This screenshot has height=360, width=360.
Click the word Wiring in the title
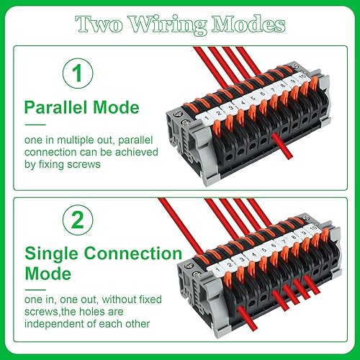168,25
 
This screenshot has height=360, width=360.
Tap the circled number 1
78,73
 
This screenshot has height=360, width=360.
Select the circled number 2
78,220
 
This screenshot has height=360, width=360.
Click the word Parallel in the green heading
55,107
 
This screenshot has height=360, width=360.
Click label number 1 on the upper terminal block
206,118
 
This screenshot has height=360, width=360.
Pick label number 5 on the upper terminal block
253,98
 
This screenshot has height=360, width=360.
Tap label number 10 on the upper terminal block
303,77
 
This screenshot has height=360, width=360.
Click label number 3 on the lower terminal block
242,259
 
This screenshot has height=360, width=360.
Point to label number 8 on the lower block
293,238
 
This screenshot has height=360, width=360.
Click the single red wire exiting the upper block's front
282,146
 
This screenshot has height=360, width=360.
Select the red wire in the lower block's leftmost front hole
247,318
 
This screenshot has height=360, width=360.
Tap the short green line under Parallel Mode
35,125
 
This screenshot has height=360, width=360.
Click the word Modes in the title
248,24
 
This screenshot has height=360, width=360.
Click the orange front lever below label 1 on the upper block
217,128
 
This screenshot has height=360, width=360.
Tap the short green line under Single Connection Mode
35,290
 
